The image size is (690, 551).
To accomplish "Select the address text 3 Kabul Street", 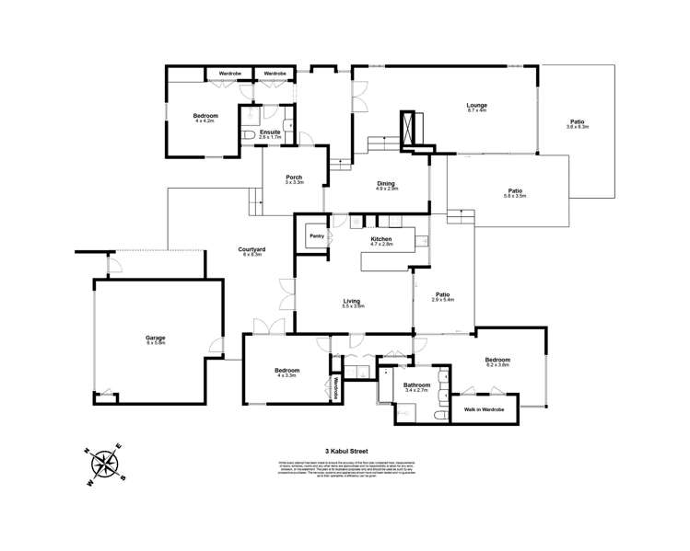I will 345,451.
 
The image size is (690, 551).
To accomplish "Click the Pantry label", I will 316,236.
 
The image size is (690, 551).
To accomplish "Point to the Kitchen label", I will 381,239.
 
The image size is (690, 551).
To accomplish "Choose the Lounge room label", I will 476,106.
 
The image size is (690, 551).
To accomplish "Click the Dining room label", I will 386,183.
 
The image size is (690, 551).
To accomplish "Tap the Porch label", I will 294,178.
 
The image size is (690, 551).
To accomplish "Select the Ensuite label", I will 270,132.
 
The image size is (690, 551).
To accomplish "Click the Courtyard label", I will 252,249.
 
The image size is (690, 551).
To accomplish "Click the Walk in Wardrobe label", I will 482,408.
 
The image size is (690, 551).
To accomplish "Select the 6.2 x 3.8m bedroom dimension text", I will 497,365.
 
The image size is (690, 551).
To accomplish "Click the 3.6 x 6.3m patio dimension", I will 578,127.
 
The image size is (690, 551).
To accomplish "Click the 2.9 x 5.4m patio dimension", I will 443,300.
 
